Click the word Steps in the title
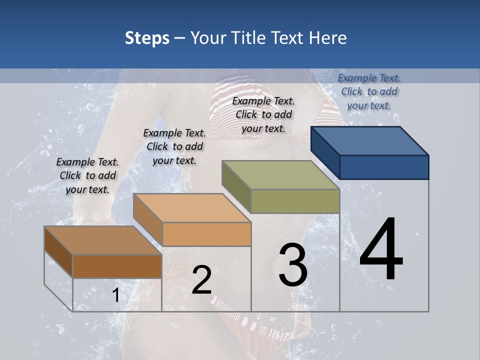pyautogui.click(x=147, y=38)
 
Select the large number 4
pyautogui.click(x=381, y=249)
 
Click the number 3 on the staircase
pyautogui.click(x=293, y=265)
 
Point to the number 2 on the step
pyautogui.click(x=201, y=280)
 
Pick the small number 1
pyautogui.click(x=116, y=295)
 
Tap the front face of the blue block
pyautogui.click(x=384, y=167)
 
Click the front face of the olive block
pyautogui.click(x=295, y=201)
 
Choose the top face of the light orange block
pyautogui.click(x=192, y=208)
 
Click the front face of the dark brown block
pyautogui.click(x=117, y=266)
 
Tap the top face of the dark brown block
pyautogui.click(x=103, y=240)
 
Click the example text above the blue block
pyautogui.click(x=369, y=91)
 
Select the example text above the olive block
pyautogui.click(x=263, y=114)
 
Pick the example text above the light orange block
pyautogui.click(x=174, y=146)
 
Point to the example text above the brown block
pyautogui.click(x=87, y=175)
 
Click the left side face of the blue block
pyautogui.click(x=325, y=152)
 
